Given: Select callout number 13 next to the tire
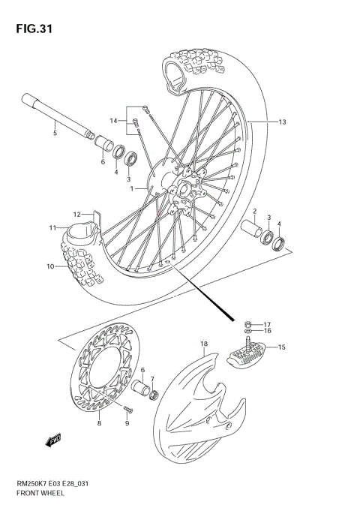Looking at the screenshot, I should pyautogui.click(x=282, y=122).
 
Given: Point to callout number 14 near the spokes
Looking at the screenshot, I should pyautogui.click(x=114, y=121).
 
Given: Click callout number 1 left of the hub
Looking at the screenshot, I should pyautogui.click(x=133, y=189).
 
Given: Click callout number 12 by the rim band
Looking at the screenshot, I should pyautogui.click(x=76, y=215).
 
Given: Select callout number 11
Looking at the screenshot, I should pyautogui.click(x=52, y=227).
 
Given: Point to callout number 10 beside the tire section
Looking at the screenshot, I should pyautogui.click(x=50, y=266).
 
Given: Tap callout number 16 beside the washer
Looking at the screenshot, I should pyautogui.click(x=267, y=329).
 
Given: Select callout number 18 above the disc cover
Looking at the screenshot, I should pyautogui.click(x=202, y=344).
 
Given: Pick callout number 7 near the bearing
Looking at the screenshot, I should pyautogui.click(x=152, y=380).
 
